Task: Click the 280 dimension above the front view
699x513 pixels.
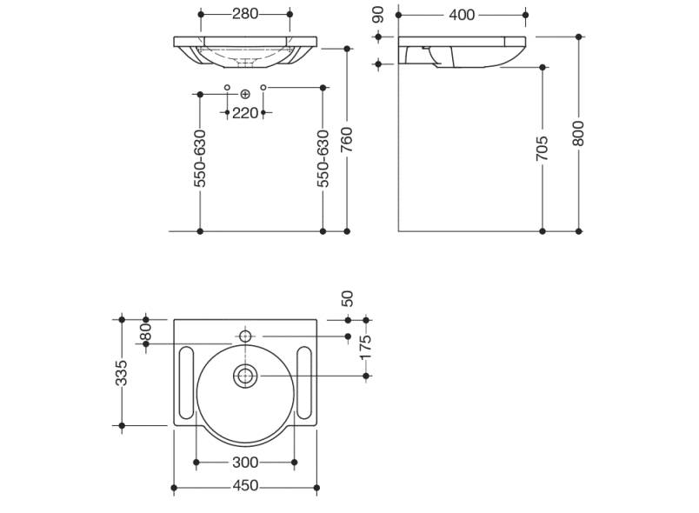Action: (x=245, y=14)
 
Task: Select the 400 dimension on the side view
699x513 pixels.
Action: (x=463, y=15)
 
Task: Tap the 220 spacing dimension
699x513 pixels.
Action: (x=245, y=113)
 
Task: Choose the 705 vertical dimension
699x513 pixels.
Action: (x=543, y=147)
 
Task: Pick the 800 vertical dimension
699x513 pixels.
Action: (x=579, y=132)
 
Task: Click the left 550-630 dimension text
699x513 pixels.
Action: (x=200, y=159)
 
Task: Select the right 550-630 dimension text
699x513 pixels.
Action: (x=323, y=159)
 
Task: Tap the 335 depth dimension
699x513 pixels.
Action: (x=122, y=372)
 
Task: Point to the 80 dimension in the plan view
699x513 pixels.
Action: (x=146, y=331)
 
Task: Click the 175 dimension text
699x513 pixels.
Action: (x=366, y=348)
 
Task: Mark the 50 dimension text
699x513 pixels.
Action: (x=348, y=297)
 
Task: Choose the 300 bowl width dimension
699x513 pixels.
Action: (x=245, y=462)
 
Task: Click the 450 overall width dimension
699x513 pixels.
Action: (x=245, y=486)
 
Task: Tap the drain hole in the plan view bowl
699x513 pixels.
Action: (x=245, y=376)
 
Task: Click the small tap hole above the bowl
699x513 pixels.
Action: (x=245, y=336)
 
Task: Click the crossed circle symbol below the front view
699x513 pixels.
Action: (x=245, y=93)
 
